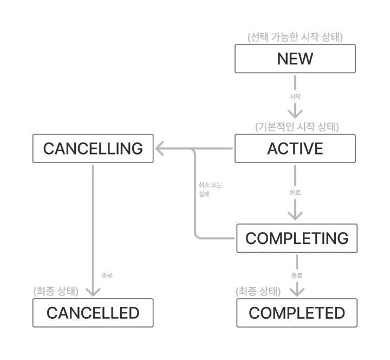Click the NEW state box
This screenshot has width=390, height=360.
click(x=295, y=59)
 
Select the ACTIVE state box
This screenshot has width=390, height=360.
click(x=295, y=148)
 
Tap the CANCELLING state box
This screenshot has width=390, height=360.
click(x=93, y=148)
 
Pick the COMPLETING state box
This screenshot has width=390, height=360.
click(x=297, y=238)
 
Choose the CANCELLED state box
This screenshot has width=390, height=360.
click(x=93, y=313)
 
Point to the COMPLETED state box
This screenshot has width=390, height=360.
click(x=297, y=313)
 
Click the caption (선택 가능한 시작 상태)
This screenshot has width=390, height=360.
click(x=295, y=37)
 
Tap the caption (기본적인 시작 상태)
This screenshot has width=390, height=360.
click(x=297, y=127)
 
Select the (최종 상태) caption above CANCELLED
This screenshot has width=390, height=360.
click(x=56, y=291)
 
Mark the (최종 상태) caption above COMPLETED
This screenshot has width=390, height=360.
click(x=258, y=291)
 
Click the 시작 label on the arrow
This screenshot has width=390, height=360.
click(x=295, y=97)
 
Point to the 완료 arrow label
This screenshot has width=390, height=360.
click(x=295, y=192)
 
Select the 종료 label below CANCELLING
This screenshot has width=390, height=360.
click(x=107, y=275)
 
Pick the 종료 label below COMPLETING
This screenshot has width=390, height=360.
click(x=296, y=275)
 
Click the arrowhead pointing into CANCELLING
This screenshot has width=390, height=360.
click(x=161, y=148)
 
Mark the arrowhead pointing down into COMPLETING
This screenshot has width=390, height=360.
click(x=295, y=215)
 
